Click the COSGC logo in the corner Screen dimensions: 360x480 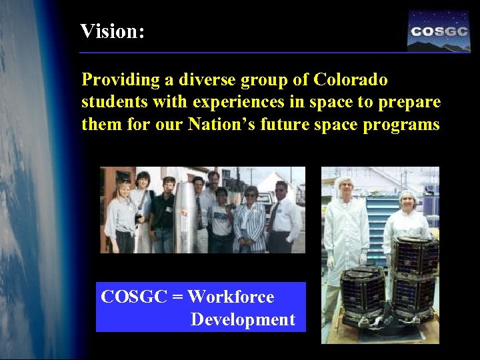pos(439,31)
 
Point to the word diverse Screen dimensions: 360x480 pos(193,80)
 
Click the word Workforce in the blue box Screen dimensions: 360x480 pos(231,297)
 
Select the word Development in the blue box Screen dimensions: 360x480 pos(242,319)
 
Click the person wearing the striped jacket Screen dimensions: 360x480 pos(250,221)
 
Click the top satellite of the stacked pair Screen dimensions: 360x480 pos(415,257)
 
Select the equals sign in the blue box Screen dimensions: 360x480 pos(177,297)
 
